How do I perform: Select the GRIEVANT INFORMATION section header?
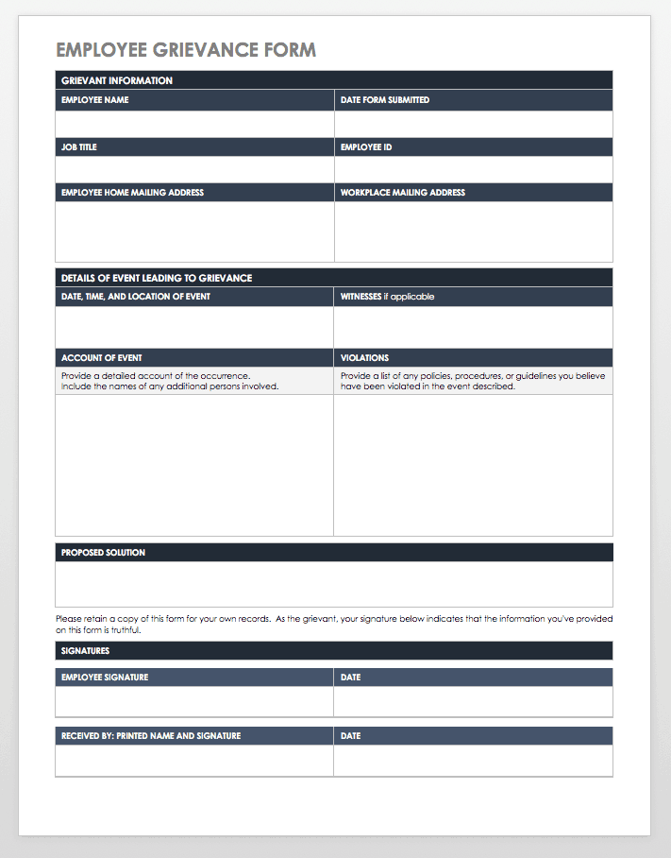pos(117,81)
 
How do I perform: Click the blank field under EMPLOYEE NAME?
pos(194,124)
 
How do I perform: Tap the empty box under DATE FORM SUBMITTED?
pos(474,124)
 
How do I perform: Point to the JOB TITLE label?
pos(79,147)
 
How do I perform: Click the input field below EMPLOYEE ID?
pos(474,169)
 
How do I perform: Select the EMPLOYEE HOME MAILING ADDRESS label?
pos(133,193)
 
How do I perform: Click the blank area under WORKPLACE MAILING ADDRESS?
pos(474,232)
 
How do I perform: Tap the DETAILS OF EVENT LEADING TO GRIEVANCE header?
pos(157,279)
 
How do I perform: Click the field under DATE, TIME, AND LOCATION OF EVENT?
pos(194,327)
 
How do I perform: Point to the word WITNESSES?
pos(361,297)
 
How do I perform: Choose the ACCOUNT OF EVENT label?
pos(102,358)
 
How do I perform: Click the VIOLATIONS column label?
pos(364,358)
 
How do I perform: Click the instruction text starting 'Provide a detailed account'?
pos(156,376)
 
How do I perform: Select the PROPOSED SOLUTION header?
pos(104,553)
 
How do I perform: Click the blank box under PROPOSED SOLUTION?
pos(334,584)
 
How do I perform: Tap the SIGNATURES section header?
pos(86,651)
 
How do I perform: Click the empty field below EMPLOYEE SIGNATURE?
pos(194,701)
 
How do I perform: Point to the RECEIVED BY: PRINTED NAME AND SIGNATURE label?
pos(151,736)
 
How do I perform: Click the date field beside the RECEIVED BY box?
pos(474,760)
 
